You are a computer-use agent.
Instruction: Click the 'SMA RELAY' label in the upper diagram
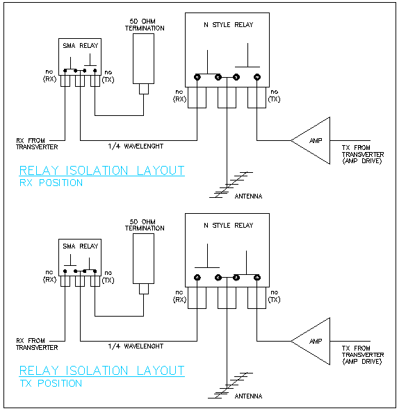click(80, 46)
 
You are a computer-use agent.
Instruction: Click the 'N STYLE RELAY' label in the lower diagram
click(229, 226)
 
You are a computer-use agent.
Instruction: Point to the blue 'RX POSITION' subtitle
click(51, 183)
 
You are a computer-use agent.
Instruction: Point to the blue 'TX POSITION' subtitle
click(51, 383)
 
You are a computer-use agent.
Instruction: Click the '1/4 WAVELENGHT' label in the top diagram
click(136, 146)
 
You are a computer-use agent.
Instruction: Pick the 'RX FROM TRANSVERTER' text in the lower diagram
click(37, 344)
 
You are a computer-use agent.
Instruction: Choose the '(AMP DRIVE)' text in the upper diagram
click(362, 161)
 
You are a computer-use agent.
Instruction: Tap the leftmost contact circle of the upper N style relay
click(197, 77)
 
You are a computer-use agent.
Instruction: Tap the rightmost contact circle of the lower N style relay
click(257, 277)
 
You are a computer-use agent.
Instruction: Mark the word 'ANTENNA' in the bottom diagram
click(248, 396)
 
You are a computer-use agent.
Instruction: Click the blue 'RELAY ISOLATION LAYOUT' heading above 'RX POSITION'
click(102, 171)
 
